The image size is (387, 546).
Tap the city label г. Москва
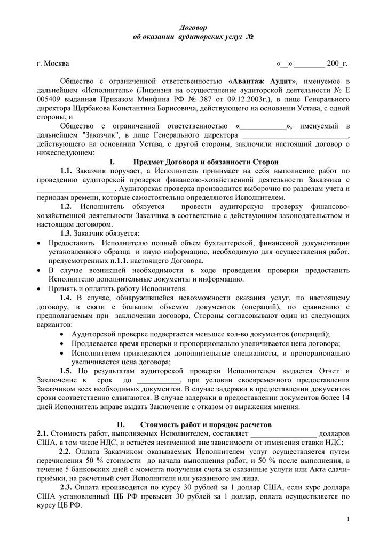tap(53, 64)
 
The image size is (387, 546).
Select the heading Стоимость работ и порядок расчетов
tap(206, 425)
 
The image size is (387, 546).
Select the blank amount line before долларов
tap(286, 433)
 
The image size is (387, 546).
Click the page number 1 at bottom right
tap(347, 519)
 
